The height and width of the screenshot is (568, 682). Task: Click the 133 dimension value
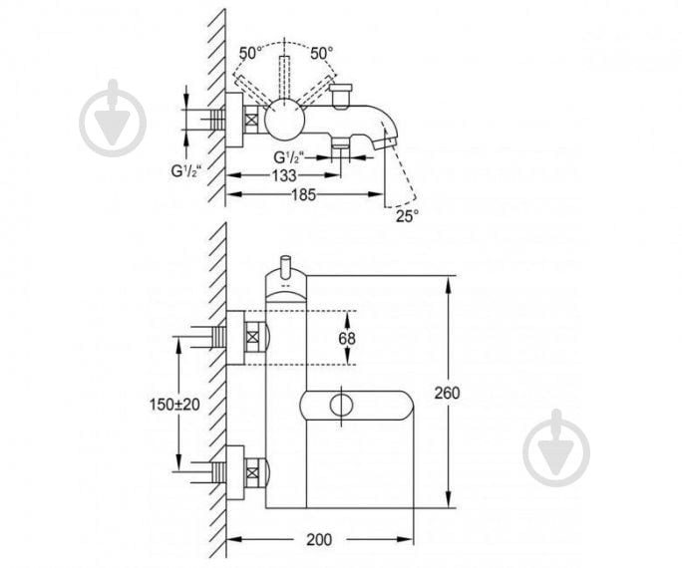pyautogui.click(x=284, y=175)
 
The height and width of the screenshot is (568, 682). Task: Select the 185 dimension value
pyautogui.click(x=303, y=194)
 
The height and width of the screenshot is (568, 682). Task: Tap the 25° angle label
pyautogui.click(x=407, y=216)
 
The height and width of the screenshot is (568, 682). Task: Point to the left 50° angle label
pyautogui.click(x=250, y=54)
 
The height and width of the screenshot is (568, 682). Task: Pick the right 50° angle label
pyautogui.click(x=321, y=54)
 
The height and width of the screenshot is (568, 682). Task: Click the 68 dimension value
pyautogui.click(x=347, y=338)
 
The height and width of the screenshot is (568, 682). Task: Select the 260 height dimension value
pyautogui.click(x=447, y=393)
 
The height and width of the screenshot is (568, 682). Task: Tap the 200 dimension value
pyautogui.click(x=319, y=540)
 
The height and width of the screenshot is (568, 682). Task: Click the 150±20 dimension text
pyautogui.click(x=174, y=405)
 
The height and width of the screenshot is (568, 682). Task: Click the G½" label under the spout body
pyautogui.click(x=288, y=156)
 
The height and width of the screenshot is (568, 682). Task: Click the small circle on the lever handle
pyautogui.click(x=342, y=405)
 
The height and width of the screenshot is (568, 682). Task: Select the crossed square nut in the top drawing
pyautogui.click(x=251, y=119)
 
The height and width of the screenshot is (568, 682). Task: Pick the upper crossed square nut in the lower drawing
pyautogui.click(x=252, y=337)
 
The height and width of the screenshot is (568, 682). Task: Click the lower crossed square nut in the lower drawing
pyautogui.click(x=252, y=472)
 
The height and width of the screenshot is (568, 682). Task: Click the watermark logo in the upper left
pyautogui.click(x=113, y=118)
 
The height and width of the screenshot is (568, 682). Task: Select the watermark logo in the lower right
pyautogui.click(x=556, y=447)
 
